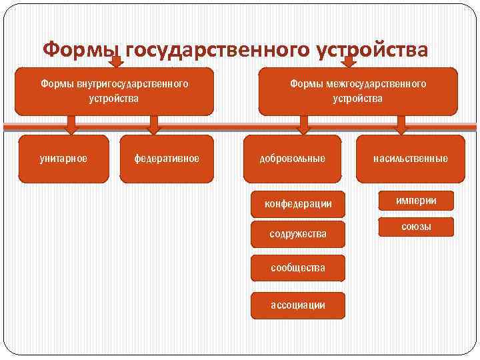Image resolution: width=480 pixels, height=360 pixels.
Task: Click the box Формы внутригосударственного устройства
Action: [x=114, y=91]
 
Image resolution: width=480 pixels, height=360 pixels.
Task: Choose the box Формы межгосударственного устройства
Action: [x=358, y=91]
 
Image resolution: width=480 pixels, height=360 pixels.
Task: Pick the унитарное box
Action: [x=63, y=159]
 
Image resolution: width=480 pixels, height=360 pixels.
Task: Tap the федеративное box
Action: [x=167, y=159]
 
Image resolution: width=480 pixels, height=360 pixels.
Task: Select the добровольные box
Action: [x=292, y=159]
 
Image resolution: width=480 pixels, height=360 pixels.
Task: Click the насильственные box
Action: [x=411, y=159]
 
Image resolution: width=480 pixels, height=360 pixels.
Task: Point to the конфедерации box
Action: [x=298, y=204]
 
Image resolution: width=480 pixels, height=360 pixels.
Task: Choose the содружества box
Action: [x=298, y=234]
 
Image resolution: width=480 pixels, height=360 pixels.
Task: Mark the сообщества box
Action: [x=298, y=268]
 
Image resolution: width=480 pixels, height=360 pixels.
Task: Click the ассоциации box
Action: [x=298, y=305]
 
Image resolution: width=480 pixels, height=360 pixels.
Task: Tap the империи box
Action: [x=416, y=201]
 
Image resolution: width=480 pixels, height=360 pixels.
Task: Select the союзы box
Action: [x=416, y=227]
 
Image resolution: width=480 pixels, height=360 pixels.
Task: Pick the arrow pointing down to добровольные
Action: [x=304, y=125]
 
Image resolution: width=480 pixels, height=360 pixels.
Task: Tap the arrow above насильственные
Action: [x=401, y=125]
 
